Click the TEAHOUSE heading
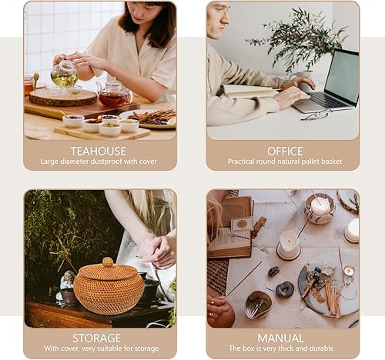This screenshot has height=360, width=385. coord(99,151)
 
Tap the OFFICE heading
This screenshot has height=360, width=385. coord(284,151)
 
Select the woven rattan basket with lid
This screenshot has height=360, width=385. coord(108,286)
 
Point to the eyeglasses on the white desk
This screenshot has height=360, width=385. coord(316,115)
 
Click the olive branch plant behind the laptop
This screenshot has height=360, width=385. coord(297,38)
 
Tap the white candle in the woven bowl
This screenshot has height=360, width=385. coord(320,207)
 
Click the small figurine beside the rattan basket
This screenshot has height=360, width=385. coord(69,283)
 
